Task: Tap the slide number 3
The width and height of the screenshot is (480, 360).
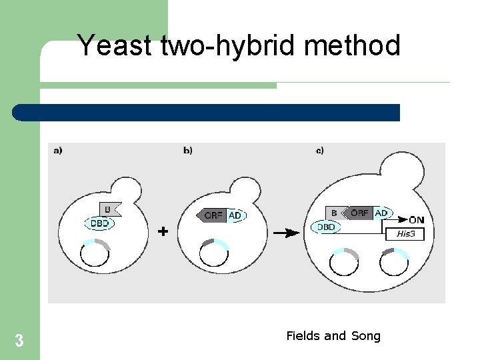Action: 19,341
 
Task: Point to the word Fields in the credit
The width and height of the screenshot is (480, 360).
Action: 303,336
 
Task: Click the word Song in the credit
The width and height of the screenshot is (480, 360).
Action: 365,336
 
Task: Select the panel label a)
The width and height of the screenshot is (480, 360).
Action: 57,151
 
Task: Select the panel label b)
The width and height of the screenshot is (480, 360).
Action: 187,151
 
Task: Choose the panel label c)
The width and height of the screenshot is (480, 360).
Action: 319,151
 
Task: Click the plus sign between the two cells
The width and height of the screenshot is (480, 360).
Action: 162,231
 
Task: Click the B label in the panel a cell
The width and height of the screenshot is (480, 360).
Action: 109,209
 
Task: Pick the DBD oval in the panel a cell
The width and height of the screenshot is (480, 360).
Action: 99,224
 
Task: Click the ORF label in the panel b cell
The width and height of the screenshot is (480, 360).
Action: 213,215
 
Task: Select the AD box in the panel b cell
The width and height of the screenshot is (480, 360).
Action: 235,215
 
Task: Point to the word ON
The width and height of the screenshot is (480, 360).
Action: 416,220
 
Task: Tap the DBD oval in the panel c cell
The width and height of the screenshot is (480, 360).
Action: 326,227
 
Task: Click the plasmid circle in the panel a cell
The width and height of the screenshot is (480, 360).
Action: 95,253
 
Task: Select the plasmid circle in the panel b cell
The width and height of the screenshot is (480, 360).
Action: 214,253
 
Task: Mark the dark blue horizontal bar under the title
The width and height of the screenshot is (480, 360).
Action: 206,113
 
